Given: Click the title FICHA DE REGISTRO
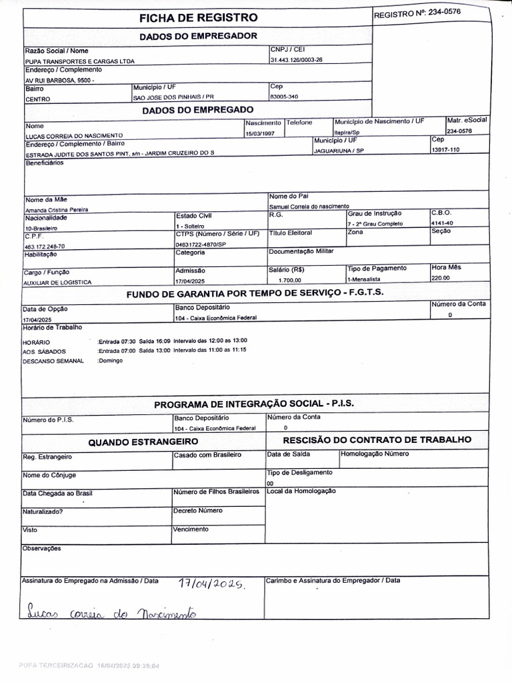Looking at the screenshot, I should (x=198, y=17).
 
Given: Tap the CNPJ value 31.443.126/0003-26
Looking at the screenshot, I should (x=296, y=60).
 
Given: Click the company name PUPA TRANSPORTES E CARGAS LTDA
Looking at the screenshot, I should (x=79, y=61).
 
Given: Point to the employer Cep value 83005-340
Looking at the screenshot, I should (x=283, y=97).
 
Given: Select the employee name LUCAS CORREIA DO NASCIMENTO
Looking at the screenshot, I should (x=74, y=135).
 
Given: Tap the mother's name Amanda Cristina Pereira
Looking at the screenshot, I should (x=57, y=209).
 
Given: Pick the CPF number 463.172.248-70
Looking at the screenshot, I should (x=45, y=246).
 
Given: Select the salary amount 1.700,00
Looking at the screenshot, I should (x=290, y=280).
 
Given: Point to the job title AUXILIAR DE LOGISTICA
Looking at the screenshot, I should (x=57, y=282).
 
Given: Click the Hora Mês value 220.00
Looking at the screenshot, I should (x=440, y=278).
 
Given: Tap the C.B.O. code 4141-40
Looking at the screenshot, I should (x=442, y=223).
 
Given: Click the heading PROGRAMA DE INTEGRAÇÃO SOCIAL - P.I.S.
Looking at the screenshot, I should (x=254, y=404).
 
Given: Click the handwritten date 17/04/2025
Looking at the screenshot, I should (x=213, y=583).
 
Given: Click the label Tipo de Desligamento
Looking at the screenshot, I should (x=299, y=472).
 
